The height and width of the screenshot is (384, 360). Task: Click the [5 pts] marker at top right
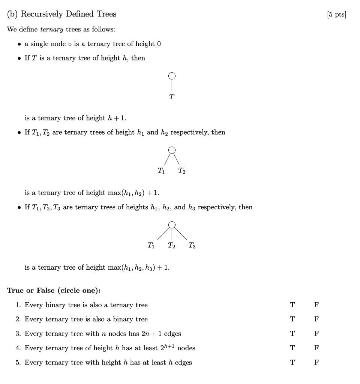tap(336, 15)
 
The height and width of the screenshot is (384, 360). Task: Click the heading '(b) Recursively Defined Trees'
tap(62, 14)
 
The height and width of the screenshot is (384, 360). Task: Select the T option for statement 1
tap(292, 305)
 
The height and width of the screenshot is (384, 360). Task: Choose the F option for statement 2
tap(316, 319)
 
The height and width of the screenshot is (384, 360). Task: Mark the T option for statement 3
tap(292, 333)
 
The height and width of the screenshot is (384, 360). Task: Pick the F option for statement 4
tap(316, 348)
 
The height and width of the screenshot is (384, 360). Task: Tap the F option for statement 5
tap(316, 362)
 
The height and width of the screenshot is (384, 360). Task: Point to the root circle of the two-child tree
tap(172, 150)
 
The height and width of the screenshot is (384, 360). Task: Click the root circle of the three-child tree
tap(172, 225)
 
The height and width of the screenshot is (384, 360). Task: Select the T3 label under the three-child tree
tap(192, 246)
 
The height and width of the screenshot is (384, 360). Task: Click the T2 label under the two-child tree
tap(181, 171)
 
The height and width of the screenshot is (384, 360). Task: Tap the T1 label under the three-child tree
tap(151, 246)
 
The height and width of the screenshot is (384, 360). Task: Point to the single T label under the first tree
tap(171, 97)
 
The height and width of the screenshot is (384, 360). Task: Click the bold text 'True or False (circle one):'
tap(54, 291)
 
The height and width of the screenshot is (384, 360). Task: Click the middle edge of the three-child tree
tap(172, 234)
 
